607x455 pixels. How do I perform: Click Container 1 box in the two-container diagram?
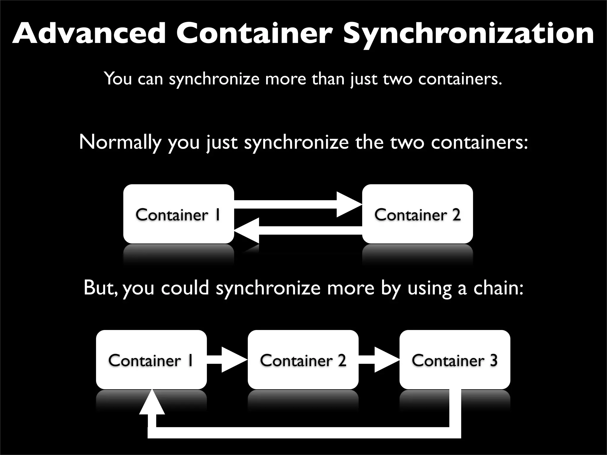[178, 214]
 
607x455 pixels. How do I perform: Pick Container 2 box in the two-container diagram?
[417, 214]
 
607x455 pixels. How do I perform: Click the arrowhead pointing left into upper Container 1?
[247, 230]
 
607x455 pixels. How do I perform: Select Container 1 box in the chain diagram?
[151, 360]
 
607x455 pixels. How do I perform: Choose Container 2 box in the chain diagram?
[303, 360]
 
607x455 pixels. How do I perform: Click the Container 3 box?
[455, 360]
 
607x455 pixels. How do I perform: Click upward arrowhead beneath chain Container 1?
[152, 403]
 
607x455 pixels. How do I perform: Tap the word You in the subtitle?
[118, 79]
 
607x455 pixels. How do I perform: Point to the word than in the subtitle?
[328, 79]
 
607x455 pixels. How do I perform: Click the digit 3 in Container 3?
[493, 360]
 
